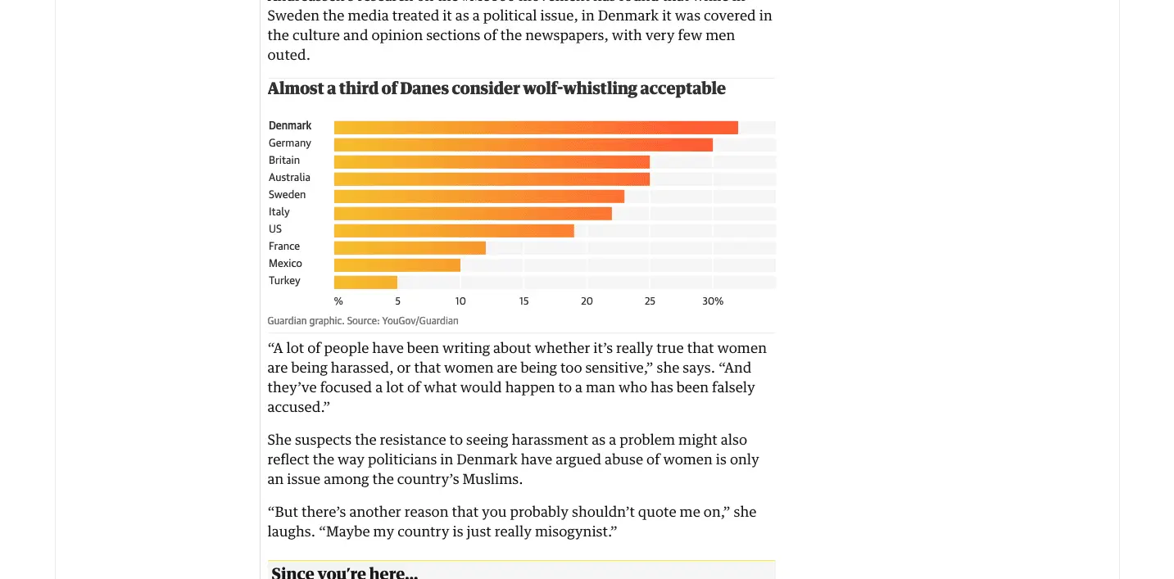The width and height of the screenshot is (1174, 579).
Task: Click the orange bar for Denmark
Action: click(536, 127)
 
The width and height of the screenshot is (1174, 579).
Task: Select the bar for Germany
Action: click(523, 144)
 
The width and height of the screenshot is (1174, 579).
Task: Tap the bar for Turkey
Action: click(365, 282)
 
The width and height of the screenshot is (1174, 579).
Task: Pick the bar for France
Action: click(410, 247)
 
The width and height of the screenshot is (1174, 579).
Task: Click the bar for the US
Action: click(454, 230)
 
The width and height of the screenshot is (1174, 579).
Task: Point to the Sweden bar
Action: click(479, 196)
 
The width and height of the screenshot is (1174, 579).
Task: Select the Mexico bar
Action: click(397, 265)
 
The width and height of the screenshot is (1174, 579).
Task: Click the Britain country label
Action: click(284, 161)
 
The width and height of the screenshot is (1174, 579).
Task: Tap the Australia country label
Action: click(289, 178)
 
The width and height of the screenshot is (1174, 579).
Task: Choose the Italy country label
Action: click(279, 212)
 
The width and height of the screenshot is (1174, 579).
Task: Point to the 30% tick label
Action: click(713, 301)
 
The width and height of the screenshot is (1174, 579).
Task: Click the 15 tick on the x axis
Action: click(524, 301)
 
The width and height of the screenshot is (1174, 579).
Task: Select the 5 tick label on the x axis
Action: click(398, 301)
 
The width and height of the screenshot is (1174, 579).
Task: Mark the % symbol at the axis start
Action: click(338, 301)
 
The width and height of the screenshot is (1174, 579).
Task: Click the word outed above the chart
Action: click(288, 55)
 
